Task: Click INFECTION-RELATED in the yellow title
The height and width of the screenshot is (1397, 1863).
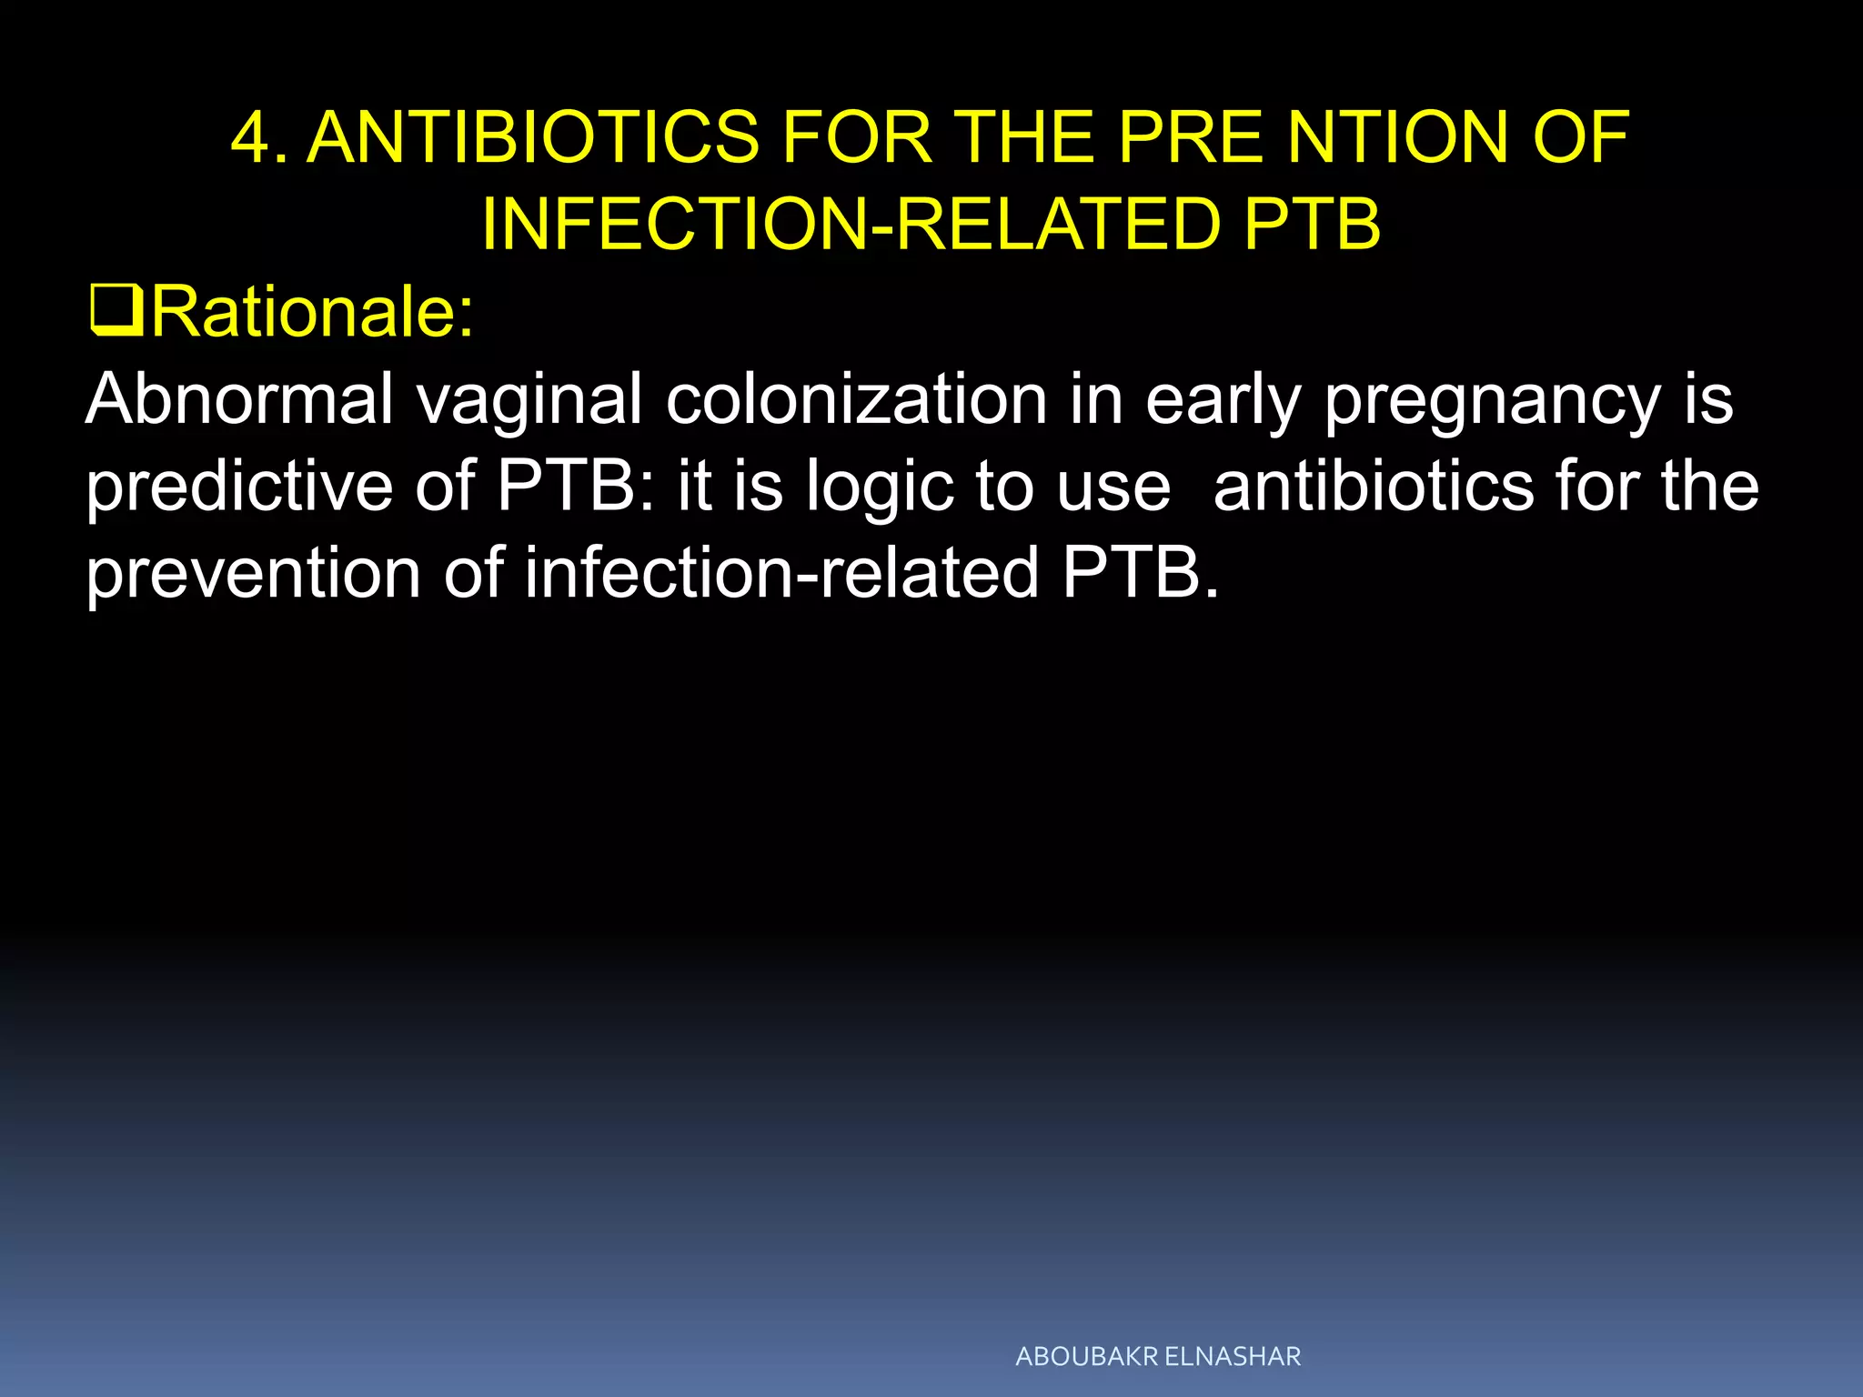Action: pos(851,225)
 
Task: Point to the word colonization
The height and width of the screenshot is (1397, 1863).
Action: pos(857,399)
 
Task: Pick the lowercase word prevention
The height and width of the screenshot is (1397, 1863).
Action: pos(253,574)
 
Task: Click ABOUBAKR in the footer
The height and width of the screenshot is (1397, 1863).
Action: pos(1087,1357)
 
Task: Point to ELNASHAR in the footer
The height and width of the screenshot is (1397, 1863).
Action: pos(1233,1357)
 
